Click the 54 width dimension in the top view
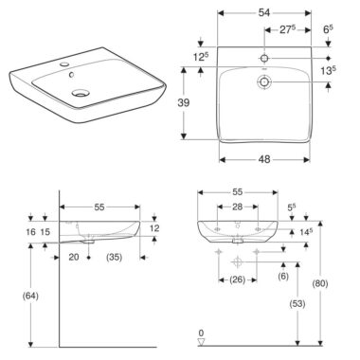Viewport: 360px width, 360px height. tap(264, 12)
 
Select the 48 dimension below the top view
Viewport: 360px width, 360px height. tap(264, 159)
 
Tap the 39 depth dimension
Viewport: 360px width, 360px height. tap(183, 102)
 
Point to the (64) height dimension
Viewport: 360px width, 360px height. tap(30, 296)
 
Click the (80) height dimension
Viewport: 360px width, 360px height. tap(320, 283)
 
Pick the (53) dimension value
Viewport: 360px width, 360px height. tap(297, 304)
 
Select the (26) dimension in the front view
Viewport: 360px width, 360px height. tap(237, 279)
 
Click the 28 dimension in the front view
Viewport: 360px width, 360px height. tap(237, 207)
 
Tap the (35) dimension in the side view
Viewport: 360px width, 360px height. tap(114, 257)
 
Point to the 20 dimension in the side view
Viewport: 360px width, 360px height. tap(74, 257)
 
